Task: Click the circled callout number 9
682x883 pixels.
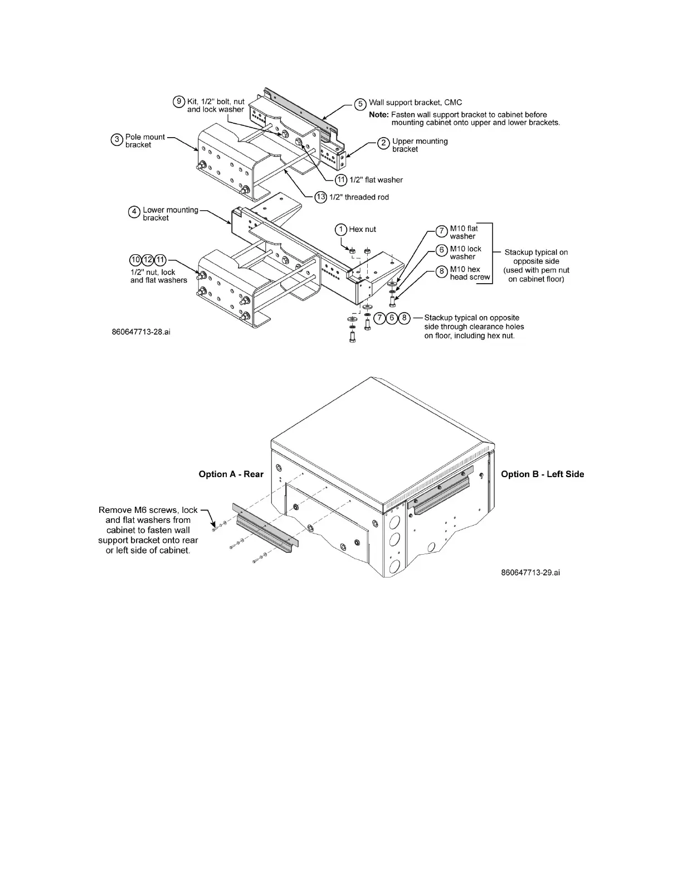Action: tap(179, 101)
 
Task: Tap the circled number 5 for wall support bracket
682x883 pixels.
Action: tap(361, 104)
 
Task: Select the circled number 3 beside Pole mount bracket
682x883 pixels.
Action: tap(116, 140)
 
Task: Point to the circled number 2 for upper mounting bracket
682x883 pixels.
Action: tap(384, 143)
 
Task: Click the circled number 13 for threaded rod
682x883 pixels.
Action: tap(320, 197)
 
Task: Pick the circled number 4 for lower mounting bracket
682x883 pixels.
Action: tap(134, 212)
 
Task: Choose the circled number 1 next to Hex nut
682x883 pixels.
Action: tap(340, 229)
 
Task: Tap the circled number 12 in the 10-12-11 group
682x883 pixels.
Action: tap(148, 260)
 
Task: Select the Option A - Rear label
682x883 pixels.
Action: tap(231, 474)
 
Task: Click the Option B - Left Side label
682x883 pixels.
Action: tap(542, 474)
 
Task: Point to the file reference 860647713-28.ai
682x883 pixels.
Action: tap(142, 332)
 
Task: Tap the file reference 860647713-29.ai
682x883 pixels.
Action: tap(530, 573)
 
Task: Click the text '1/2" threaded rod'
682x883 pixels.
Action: tap(359, 197)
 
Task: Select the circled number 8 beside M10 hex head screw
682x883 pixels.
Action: tap(441, 271)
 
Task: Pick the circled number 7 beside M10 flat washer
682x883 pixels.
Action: tap(441, 231)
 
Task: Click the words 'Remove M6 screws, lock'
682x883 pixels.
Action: tap(148, 510)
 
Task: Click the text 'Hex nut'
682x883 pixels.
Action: tap(363, 229)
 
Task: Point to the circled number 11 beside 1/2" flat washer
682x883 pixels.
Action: tap(341, 179)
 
